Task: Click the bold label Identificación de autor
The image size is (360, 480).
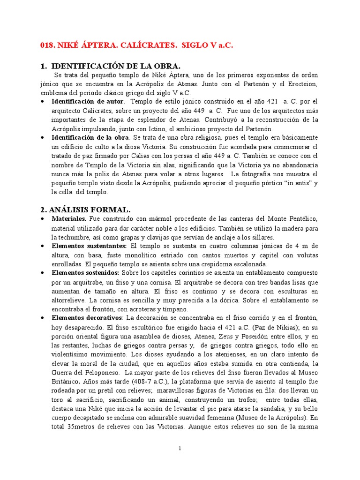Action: coord(88,101)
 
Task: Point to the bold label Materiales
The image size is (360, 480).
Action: coord(69,218)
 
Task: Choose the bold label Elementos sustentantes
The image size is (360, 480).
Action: coord(89,246)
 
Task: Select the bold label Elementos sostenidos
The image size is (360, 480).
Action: coord(86,272)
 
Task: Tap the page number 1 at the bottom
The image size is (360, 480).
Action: coord(180,449)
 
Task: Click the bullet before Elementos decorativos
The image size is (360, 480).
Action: coord(44,318)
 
